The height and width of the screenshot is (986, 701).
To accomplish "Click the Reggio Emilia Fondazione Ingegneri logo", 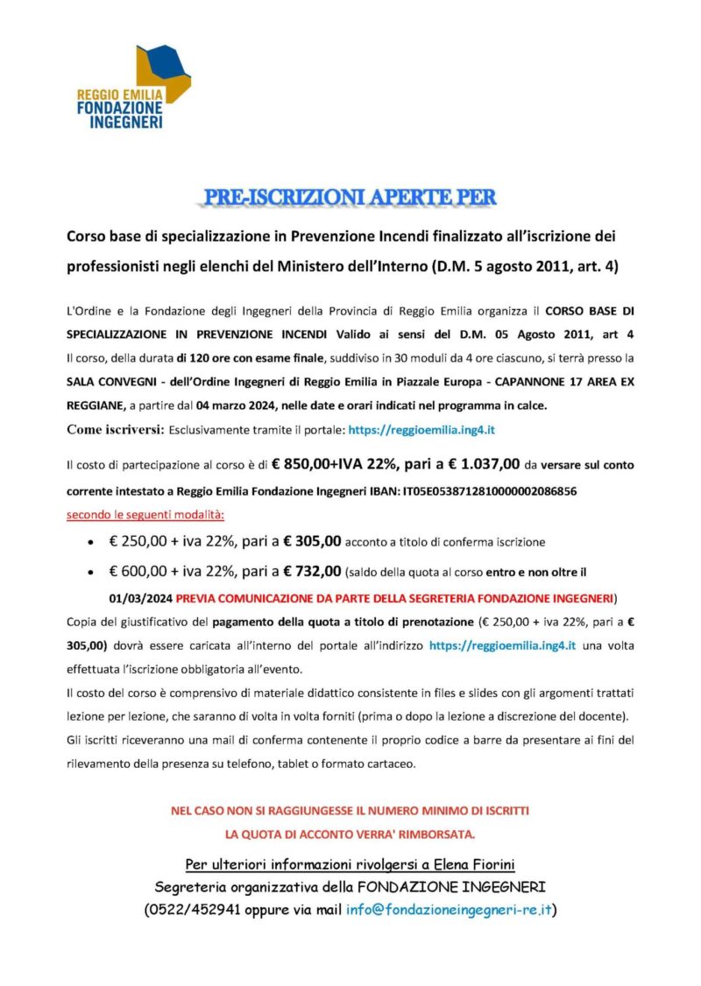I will pos(133,88).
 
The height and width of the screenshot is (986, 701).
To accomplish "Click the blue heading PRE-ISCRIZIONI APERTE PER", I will pos(350,197).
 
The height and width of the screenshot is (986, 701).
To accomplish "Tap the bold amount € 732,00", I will pos(306,573).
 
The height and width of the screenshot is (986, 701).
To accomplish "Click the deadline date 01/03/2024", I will pos(142,598).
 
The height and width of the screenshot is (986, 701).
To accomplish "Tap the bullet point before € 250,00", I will pos(91,544).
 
